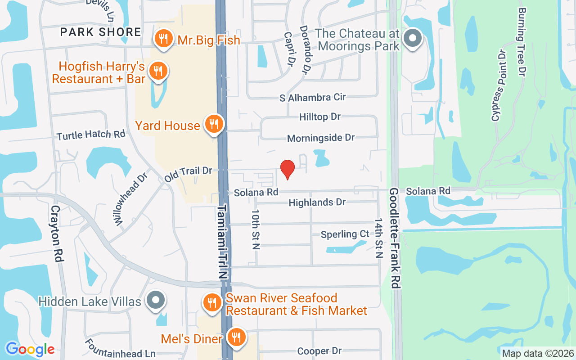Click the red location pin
coord(287,169)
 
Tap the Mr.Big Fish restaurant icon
coord(163,39)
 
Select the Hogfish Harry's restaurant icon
coord(158,71)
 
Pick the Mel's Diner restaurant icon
coord(235,337)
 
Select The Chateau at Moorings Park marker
coord(412,39)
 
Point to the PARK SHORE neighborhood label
coord(101,32)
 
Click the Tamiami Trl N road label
coord(224,243)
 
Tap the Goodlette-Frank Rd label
coord(396,238)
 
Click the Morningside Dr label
coord(321,138)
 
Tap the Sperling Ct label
coord(345,234)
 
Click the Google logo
coord(30,349)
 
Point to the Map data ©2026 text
coord(538,354)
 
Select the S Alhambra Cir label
coord(313,97)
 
